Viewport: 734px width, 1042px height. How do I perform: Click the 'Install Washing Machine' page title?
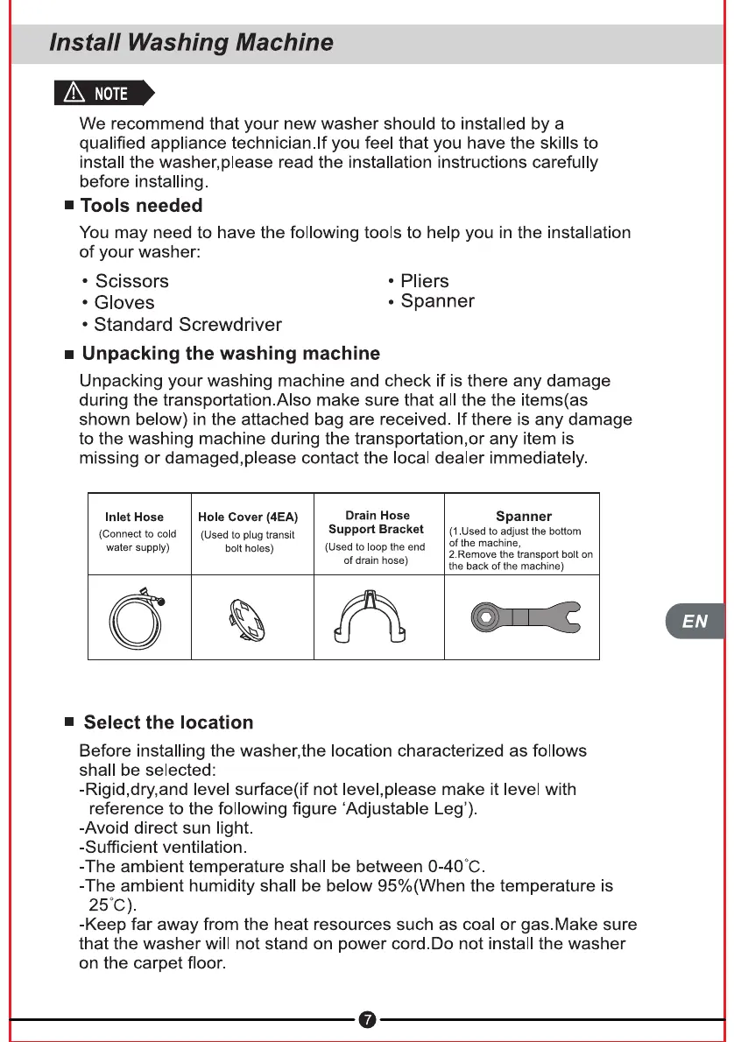click(191, 42)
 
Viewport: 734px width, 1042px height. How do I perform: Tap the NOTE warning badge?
click(103, 93)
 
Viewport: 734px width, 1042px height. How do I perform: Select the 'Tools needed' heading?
click(141, 206)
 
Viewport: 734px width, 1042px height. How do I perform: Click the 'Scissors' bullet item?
click(131, 281)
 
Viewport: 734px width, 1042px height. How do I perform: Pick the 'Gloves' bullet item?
click(124, 303)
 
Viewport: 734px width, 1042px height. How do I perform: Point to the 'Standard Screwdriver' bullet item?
click(187, 325)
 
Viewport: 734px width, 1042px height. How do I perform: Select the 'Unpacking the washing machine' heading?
click(230, 354)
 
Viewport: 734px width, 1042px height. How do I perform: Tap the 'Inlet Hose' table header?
click(134, 517)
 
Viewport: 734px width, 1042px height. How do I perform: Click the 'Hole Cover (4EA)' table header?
click(248, 517)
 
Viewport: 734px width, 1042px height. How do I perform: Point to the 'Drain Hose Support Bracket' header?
click(378, 523)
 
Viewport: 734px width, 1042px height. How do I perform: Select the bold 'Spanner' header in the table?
click(523, 517)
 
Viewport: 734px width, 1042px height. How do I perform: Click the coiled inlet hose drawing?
click(138, 616)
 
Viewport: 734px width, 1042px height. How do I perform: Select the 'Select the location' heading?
click(168, 722)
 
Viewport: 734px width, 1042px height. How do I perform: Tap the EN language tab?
click(695, 621)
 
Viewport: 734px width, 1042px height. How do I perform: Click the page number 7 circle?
click(368, 1020)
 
